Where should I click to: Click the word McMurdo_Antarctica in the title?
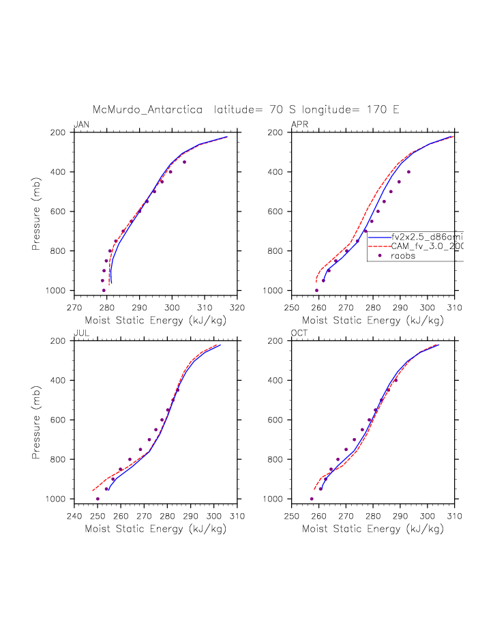tap(147, 109)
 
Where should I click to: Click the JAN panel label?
tap(81, 124)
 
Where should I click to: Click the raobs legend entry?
tap(403, 256)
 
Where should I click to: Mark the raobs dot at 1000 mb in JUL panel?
tap(98, 499)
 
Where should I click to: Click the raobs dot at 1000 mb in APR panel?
tap(316, 290)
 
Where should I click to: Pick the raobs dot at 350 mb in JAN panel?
tap(184, 162)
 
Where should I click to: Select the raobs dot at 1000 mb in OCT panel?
tap(312, 499)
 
